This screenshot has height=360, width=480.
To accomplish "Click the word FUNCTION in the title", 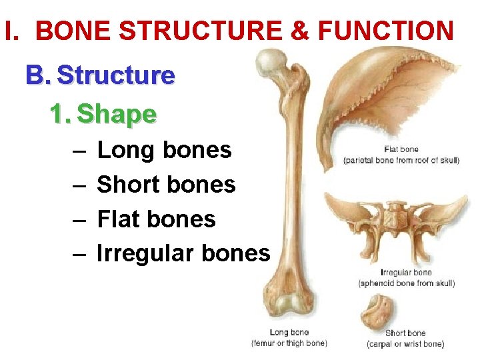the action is [x=387, y=31].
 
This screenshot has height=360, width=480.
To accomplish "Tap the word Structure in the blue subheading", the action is [x=116, y=76].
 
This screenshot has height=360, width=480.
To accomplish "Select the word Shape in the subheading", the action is [x=117, y=115].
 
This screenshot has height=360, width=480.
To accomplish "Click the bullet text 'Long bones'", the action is [x=164, y=151].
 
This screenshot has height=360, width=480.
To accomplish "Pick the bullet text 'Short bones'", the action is [x=166, y=185].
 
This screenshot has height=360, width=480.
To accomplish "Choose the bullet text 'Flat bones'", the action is [x=156, y=219].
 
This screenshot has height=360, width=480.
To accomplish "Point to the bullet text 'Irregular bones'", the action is [x=183, y=253].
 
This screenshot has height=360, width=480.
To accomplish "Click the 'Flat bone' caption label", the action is [x=401, y=149].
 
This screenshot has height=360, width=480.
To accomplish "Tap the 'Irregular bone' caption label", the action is [x=406, y=273].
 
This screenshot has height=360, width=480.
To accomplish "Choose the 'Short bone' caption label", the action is [x=405, y=333].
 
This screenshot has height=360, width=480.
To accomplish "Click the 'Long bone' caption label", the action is [x=289, y=333].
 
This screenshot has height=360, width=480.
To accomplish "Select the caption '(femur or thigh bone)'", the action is [x=289, y=343].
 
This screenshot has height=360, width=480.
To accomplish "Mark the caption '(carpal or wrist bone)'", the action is [x=405, y=344].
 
